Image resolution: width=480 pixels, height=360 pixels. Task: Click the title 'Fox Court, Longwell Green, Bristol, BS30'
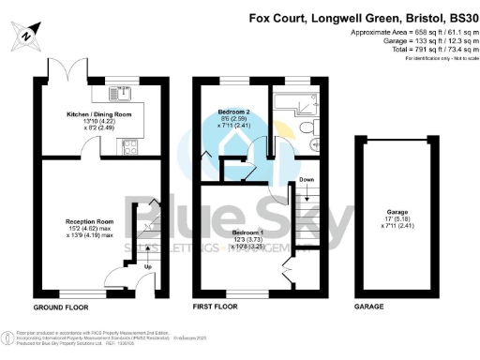click(x=364, y=17)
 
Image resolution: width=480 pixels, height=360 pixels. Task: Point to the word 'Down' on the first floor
click(x=306, y=178)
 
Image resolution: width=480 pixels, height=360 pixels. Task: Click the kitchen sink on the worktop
click(x=123, y=92)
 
